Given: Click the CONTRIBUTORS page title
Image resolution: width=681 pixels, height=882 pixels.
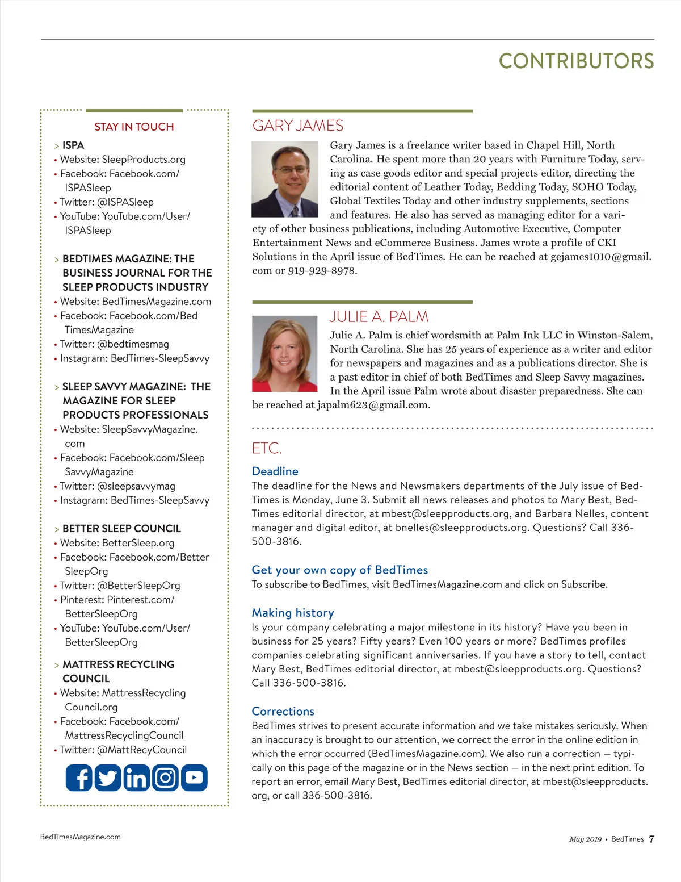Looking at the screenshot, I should point(576,61).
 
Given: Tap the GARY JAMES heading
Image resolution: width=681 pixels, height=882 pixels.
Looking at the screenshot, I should point(298,126).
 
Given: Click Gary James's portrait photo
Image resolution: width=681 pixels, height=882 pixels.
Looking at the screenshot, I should point(285,179).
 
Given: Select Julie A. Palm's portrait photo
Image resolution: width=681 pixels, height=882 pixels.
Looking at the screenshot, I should point(285,354).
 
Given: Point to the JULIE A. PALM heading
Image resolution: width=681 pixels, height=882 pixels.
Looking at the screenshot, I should point(379,316).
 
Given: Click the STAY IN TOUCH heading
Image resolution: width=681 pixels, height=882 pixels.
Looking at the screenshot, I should point(134,127).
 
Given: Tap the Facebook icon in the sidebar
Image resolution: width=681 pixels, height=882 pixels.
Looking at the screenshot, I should point(79,778).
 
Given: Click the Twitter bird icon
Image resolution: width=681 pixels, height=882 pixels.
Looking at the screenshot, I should point(107,778).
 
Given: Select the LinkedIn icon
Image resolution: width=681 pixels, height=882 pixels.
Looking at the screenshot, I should point(136,778).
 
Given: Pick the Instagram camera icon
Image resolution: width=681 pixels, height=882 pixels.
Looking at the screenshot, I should point(165,778).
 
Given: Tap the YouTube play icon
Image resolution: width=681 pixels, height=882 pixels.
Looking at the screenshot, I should point(194,778).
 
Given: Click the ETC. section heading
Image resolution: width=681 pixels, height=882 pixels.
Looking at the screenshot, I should point(267,448).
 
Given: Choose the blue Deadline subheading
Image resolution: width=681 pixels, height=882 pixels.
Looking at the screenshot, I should point(275,471).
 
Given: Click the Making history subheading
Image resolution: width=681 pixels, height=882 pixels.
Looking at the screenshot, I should point(293,613).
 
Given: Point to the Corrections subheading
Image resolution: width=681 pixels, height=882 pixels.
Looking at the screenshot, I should point(283,711).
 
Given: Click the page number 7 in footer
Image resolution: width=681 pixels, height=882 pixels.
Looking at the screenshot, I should point(651,839).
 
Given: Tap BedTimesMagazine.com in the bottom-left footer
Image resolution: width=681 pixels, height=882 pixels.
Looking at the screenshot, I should point(81,837).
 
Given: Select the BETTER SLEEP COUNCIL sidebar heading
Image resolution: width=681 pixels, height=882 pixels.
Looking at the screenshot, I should point(121,528).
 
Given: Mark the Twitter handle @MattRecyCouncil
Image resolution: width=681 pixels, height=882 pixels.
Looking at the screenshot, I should point(142,750).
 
